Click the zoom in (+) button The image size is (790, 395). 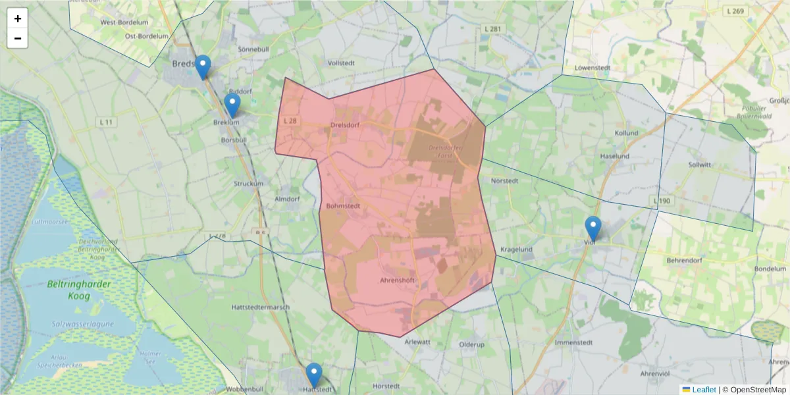(18, 18)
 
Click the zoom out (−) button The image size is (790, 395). (18, 38)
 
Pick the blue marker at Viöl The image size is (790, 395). (593, 228)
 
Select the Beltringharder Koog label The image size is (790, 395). (80, 290)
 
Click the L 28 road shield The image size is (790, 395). (290, 121)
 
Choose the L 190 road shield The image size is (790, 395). (662, 200)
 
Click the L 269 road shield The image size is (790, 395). (735, 11)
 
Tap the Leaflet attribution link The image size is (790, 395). (704, 390)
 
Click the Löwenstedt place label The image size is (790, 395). (592, 68)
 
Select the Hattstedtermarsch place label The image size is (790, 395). (261, 307)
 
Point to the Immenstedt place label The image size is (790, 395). (575, 342)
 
